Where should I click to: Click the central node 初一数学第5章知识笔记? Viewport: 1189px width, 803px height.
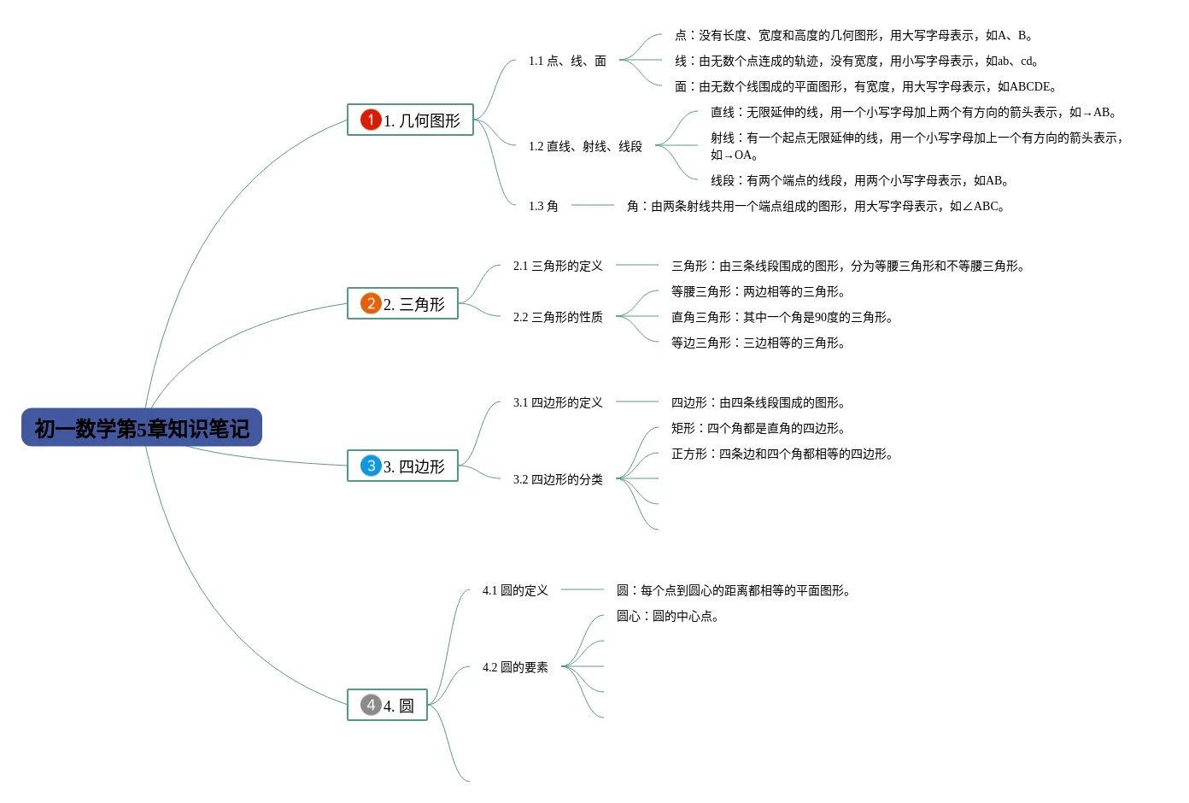click(142, 428)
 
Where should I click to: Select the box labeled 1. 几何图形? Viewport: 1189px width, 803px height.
click(410, 120)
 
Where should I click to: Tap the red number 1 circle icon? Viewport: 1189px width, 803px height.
click(371, 120)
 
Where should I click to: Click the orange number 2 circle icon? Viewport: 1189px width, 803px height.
click(371, 303)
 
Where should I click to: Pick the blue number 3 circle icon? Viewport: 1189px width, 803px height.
click(371, 466)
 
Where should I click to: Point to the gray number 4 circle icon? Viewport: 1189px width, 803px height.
click(371, 705)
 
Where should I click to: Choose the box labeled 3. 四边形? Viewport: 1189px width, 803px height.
click(402, 466)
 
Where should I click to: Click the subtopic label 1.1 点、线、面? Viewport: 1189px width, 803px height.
click(567, 61)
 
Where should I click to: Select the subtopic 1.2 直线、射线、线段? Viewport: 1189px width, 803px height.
click(585, 146)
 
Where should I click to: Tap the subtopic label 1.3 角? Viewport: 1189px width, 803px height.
click(543, 206)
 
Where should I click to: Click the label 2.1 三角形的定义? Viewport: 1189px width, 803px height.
click(558, 266)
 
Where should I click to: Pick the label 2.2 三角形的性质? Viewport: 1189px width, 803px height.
click(558, 317)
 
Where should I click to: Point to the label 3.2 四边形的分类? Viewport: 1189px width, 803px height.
click(558, 479)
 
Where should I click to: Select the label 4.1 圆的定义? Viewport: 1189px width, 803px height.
click(515, 590)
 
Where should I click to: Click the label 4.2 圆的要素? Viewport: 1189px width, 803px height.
click(515, 667)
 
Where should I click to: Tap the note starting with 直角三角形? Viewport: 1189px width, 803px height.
click(782, 317)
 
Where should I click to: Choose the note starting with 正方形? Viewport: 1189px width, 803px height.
click(782, 454)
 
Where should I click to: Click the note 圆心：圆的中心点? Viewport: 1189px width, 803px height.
click(667, 616)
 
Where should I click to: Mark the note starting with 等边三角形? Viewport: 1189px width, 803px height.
click(758, 343)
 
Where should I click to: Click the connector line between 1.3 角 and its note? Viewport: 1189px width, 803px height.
click(593, 205)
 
